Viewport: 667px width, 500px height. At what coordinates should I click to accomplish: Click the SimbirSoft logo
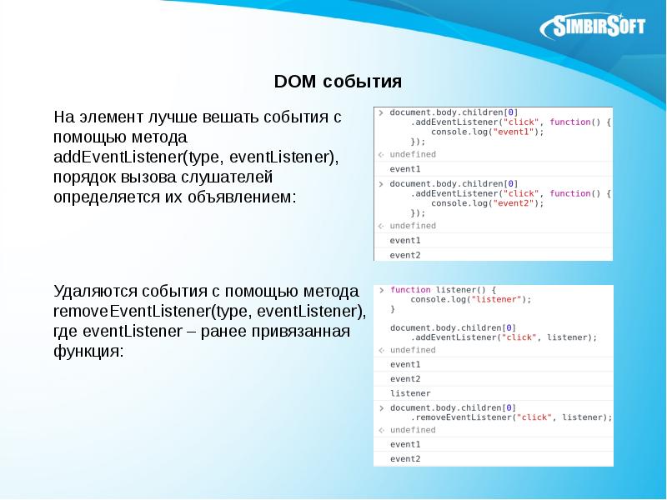coord(594,27)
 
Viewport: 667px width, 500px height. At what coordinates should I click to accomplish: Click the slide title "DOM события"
coord(338,82)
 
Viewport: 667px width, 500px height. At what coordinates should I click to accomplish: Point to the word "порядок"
coord(83,178)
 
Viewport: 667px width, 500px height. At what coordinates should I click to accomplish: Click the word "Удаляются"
coord(93,292)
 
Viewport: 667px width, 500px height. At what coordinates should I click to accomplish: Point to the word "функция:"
coord(88,352)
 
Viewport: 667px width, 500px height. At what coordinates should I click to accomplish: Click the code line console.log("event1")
coord(488,132)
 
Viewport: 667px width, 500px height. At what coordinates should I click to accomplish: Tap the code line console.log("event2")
coord(488,202)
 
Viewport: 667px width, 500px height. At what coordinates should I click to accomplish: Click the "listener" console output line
coord(410,392)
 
